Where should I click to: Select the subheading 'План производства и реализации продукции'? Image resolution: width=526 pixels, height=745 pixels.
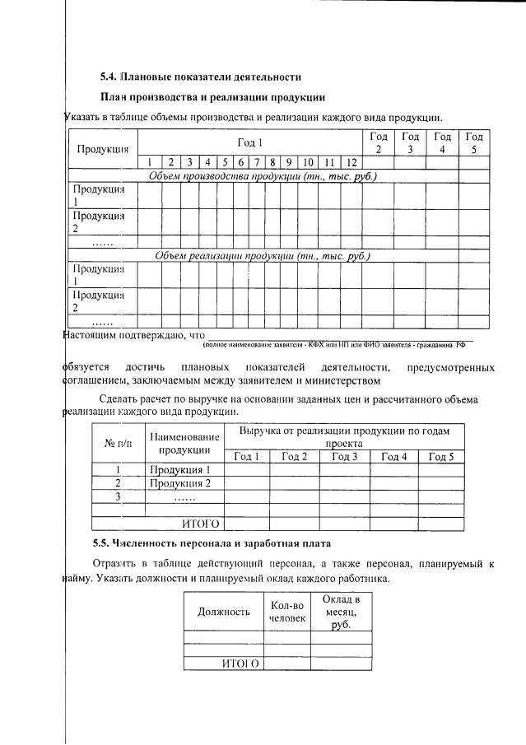[x=212, y=97]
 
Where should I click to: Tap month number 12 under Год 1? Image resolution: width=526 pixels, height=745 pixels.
[x=351, y=162]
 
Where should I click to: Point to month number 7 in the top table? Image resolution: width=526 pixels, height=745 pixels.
[x=258, y=162]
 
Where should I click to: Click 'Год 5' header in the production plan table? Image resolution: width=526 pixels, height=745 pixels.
[x=473, y=142]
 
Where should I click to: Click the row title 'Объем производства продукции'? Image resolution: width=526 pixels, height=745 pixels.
[x=262, y=176]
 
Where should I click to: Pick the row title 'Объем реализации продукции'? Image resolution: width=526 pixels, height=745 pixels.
[x=262, y=255]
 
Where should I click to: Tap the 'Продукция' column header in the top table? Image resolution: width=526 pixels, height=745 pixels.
[x=102, y=149]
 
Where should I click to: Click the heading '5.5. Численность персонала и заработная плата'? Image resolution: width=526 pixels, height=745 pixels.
[x=212, y=543]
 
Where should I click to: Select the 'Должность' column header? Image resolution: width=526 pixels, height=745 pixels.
[x=224, y=612]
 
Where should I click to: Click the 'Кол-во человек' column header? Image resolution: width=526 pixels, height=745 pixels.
[x=286, y=612]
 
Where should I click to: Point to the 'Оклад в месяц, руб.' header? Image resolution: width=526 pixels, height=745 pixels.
[x=341, y=612]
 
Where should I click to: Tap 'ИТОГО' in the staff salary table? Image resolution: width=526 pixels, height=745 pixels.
[x=240, y=664]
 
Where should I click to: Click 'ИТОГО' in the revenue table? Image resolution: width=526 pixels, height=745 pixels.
[x=200, y=523]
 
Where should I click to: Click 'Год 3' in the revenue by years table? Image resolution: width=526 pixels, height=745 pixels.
[x=344, y=456]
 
